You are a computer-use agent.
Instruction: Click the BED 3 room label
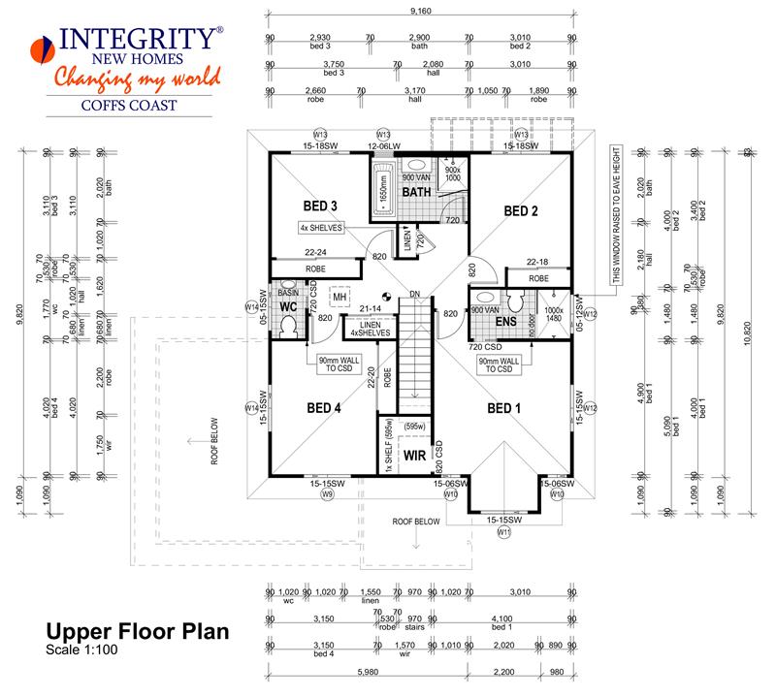320,206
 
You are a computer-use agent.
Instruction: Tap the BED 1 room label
505,408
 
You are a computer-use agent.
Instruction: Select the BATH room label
416,192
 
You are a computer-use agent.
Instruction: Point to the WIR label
415,454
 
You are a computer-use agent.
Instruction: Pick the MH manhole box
339,298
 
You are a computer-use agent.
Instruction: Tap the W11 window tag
503,532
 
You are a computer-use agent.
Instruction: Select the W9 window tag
328,494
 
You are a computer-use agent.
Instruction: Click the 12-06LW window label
383,145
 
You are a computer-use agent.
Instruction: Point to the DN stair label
414,294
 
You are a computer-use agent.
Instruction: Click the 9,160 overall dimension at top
421,13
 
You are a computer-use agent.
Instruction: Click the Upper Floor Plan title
137,633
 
